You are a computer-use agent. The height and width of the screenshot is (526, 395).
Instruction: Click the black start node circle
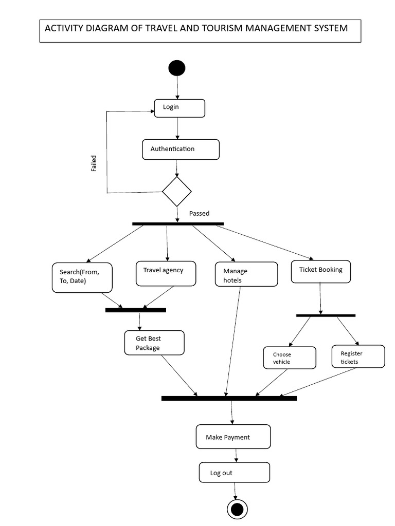coord(177,68)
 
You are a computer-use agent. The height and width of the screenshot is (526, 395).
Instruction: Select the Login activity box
coord(179,108)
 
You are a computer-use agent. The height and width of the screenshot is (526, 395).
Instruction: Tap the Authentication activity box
coord(181,149)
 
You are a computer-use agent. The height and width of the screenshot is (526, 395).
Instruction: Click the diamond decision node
coord(177,192)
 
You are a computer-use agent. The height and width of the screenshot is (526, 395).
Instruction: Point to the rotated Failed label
coord(94,163)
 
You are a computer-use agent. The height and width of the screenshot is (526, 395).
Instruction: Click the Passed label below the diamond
coord(199,213)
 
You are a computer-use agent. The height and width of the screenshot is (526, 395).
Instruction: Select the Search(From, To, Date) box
coord(82,277)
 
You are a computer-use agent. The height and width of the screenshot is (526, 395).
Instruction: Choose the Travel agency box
coord(166,273)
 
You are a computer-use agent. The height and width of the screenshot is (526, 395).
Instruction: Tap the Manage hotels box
coord(246,274)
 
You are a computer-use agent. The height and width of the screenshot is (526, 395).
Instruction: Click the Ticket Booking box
coord(321,271)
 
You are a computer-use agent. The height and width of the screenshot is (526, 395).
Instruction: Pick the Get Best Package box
coord(154,343)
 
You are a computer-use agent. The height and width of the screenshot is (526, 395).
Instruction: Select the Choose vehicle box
coord(290,358)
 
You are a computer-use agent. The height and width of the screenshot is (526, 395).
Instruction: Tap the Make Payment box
coord(233,437)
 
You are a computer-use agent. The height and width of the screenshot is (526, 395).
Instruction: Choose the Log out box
coord(234,472)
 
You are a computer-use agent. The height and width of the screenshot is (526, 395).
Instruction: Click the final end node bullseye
coord(237,509)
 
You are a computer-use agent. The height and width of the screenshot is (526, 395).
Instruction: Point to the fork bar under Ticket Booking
coord(326,315)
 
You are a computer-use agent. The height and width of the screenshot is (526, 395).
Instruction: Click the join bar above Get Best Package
coord(136,310)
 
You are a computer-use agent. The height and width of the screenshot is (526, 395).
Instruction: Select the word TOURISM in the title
coord(221,28)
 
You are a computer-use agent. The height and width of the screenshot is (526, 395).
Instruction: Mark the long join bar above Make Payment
coord(229,398)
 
